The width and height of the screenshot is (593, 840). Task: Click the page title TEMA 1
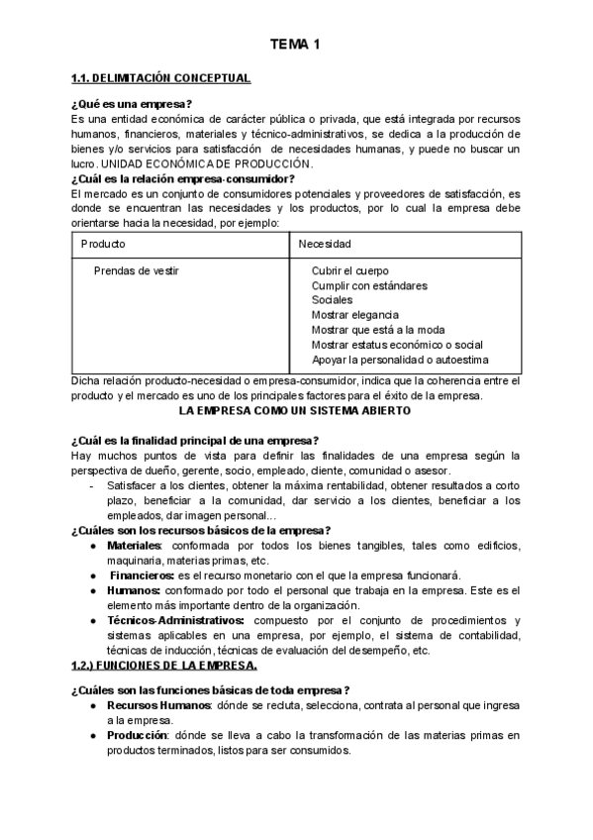click(296, 45)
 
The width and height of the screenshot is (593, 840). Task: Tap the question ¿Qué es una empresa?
click(132, 104)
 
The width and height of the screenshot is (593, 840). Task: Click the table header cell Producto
click(104, 243)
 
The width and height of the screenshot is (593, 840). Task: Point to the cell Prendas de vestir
click(137, 270)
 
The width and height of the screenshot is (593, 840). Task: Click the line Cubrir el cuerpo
click(349, 270)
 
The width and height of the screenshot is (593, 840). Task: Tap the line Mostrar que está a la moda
click(377, 330)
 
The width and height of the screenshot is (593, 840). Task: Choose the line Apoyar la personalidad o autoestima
click(400, 360)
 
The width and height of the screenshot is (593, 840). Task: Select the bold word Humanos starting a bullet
click(134, 590)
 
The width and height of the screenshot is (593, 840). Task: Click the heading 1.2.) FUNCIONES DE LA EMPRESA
click(164, 665)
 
